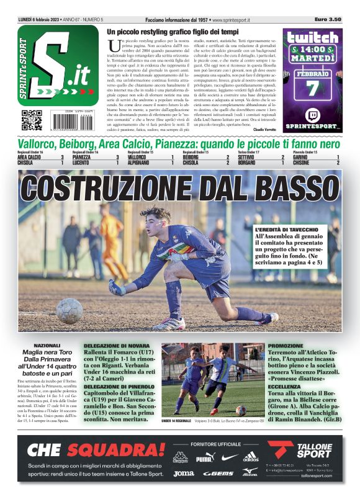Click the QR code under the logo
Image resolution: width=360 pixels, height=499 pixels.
[32, 119]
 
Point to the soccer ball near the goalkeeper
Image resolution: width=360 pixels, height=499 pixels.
[69, 310]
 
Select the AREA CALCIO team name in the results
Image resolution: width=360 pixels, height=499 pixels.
[30, 157]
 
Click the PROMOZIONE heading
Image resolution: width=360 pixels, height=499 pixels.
[286, 345]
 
